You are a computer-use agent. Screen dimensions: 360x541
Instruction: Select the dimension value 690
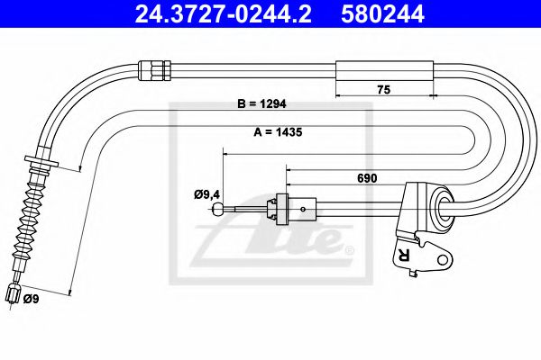pos(367,178)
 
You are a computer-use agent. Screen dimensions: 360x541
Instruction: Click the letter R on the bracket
pos(401,254)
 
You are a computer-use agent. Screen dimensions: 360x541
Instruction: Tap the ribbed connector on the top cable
pos(152,67)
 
